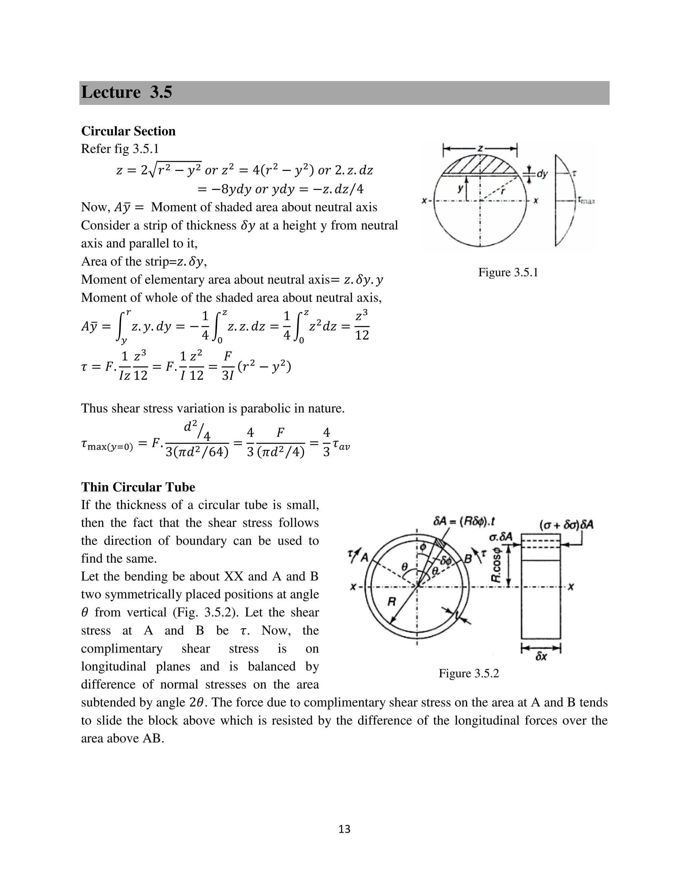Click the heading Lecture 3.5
(126, 92)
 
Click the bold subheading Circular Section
(128, 131)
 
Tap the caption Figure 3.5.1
(508, 272)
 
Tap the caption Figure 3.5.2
(469, 673)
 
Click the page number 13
(344, 829)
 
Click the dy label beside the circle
(542, 174)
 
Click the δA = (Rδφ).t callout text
(464, 522)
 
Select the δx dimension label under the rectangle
(541, 657)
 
